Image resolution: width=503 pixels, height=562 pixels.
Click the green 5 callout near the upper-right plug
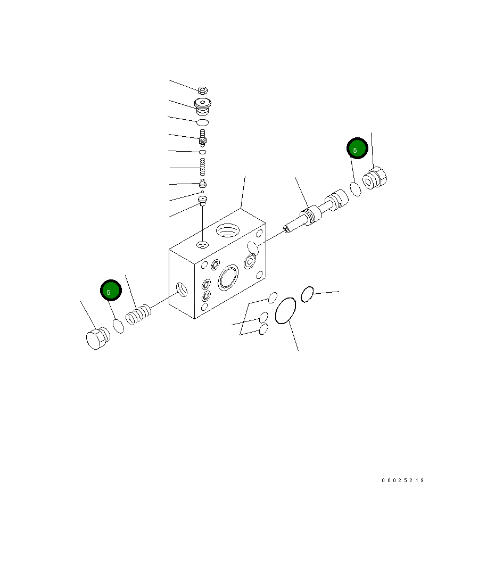pyautogui.click(x=357, y=148)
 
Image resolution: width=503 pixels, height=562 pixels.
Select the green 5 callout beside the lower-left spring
pyautogui.click(x=111, y=291)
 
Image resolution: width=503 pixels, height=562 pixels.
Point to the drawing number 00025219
pyautogui.click(x=402, y=481)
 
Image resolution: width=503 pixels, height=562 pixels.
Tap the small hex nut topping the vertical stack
pyautogui.click(x=202, y=90)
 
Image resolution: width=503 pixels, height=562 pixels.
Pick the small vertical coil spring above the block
pyautogui.click(x=203, y=168)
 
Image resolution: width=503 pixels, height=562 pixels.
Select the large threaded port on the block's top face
pyautogui.click(x=229, y=230)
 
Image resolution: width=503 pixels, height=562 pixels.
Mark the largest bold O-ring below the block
pyautogui.click(x=285, y=310)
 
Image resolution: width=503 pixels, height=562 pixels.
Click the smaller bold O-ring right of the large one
pyautogui.click(x=307, y=294)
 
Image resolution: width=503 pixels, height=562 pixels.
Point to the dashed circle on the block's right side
pyautogui.click(x=253, y=247)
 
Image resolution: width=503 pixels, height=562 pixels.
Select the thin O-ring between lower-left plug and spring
pyautogui.click(x=118, y=326)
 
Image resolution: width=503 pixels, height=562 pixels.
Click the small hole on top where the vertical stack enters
pyautogui.click(x=202, y=244)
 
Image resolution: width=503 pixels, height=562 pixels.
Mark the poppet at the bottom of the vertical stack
pyautogui.click(x=202, y=200)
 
